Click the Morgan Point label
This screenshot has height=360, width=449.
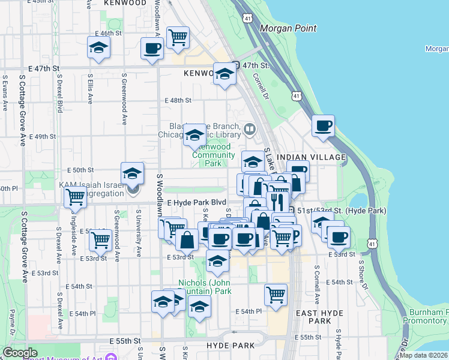tap(288, 28)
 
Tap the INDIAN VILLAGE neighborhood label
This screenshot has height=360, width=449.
tap(321, 157)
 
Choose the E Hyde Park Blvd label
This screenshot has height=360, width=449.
tap(196, 203)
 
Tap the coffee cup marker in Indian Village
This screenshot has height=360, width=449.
tap(323, 126)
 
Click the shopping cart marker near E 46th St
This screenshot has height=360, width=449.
tap(178, 38)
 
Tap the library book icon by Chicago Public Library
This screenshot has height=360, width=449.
tap(249, 128)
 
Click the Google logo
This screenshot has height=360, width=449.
tap(20, 353)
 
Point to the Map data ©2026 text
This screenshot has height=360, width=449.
tap(424, 355)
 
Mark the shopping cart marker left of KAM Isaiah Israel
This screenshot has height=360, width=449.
tap(76, 197)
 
